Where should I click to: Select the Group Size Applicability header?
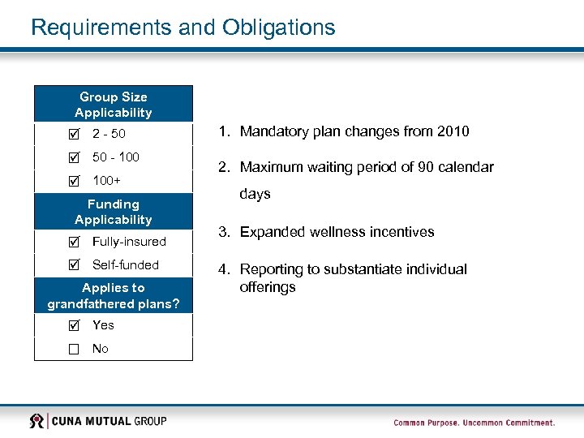pyautogui.click(x=114, y=105)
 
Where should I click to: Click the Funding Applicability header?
pyautogui.click(x=114, y=212)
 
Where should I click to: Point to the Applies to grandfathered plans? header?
pyautogui.click(x=114, y=296)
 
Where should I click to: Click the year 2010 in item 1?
pyautogui.click(x=453, y=131)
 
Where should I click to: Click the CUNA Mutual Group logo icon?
pyautogui.click(x=36, y=421)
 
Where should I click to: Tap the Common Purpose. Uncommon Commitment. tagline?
pyautogui.click(x=474, y=423)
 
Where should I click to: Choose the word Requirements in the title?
pyautogui.click(x=101, y=28)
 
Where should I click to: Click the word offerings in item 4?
pyautogui.click(x=268, y=287)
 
